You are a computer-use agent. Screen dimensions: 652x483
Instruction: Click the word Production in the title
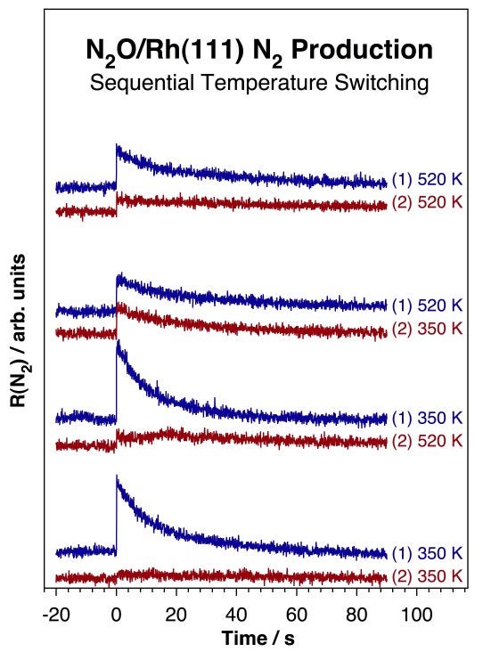(362, 50)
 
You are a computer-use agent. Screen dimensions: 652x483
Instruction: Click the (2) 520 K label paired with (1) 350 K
(427, 441)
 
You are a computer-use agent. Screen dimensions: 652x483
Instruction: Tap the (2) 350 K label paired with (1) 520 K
(427, 329)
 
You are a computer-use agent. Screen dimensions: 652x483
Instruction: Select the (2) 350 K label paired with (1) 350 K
(427, 575)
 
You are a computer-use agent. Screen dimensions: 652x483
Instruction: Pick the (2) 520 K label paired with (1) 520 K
(427, 202)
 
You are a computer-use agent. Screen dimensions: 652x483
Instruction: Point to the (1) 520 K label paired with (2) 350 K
(427, 306)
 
